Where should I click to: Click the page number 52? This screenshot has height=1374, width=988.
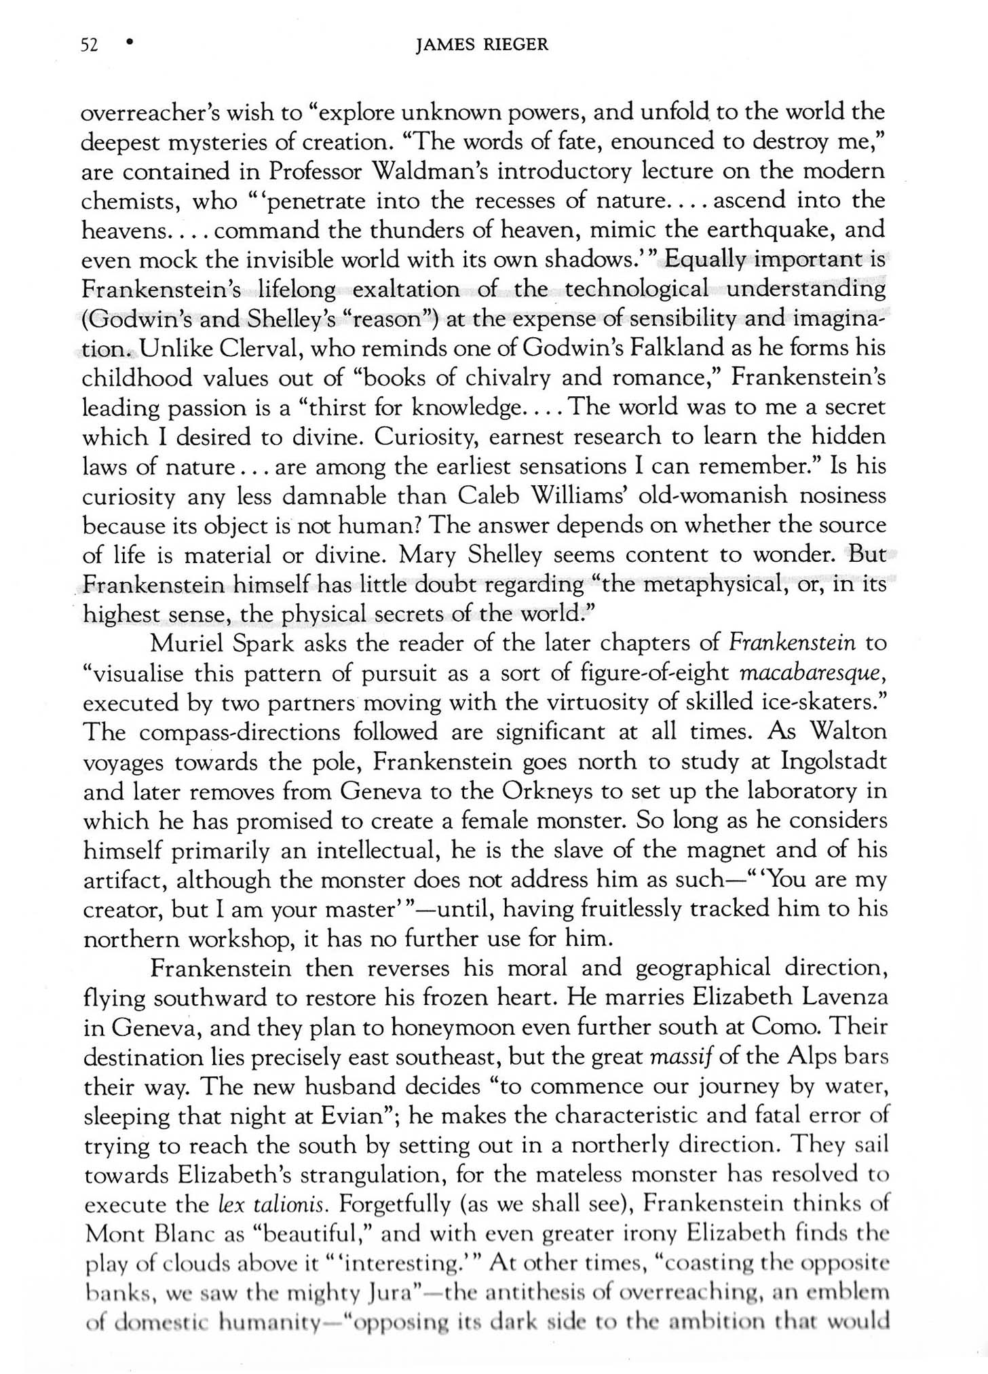point(89,45)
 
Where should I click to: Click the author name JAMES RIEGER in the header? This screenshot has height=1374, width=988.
point(482,45)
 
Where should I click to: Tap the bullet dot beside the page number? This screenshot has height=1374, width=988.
point(129,42)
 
